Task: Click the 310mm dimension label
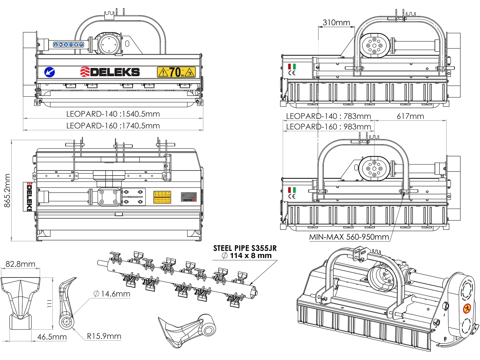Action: click(336, 22)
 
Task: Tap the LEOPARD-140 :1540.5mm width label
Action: click(113, 114)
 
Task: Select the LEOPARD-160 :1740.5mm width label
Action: click(113, 126)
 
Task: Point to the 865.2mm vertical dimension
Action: click(7, 190)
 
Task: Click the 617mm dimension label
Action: click(410, 116)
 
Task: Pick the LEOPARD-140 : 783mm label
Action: click(328, 116)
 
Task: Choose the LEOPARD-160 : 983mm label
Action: click(328, 127)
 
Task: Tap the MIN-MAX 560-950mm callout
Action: click(349, 237)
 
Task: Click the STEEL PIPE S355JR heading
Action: click(245, 248)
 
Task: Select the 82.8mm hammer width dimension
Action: click(20, 264)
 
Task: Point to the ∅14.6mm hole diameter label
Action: click(112, 294)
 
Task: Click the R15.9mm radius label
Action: click(104, 336)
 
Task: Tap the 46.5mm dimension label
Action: click(52, 337)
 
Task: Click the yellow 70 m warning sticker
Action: click(176, 72)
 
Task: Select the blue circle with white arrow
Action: click(49, 72)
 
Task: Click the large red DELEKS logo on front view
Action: click(110, 72)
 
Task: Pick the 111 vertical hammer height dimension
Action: click(50, 303)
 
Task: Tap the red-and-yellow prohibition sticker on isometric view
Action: click(467, 308)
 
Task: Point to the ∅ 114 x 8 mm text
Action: click(247, 256)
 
